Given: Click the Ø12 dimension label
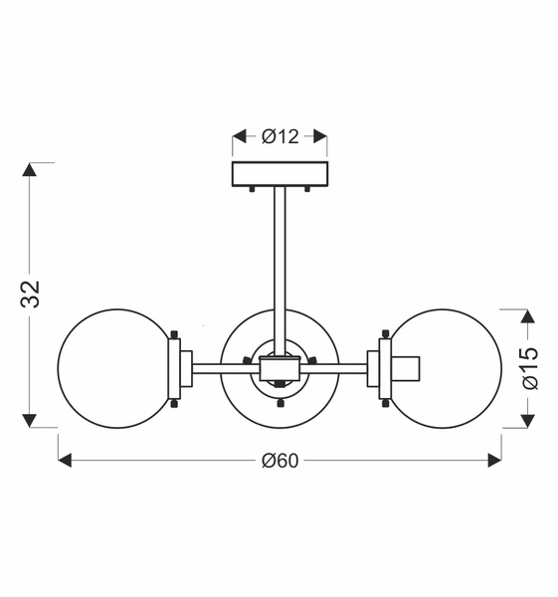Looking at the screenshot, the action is pyautogui.click(x=280, y=136).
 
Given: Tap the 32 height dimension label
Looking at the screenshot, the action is pyautogui.click(x=30, y=294).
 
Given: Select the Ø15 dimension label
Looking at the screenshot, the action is pyautogui.click(x=530, y=368).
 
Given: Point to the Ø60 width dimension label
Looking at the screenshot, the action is pyautogui.click(x=279, y=461).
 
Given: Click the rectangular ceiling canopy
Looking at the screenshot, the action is pyautogui.click(x=279, y=174).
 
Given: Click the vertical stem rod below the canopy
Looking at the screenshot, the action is pyautogui.click(x=279, y=271).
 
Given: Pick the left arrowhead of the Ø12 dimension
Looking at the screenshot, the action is pyautogui.click(x=239, y=136).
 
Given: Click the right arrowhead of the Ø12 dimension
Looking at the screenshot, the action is pyautogui.click(x=321, y=136).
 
